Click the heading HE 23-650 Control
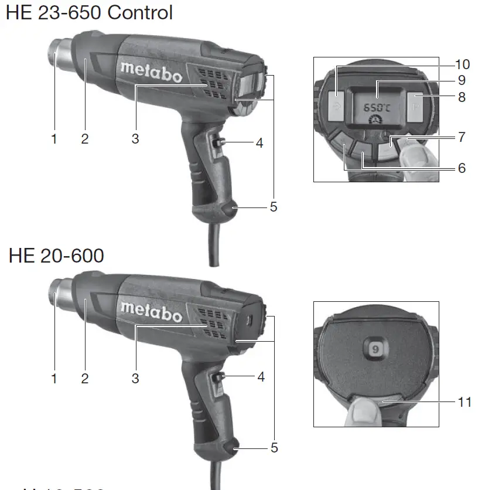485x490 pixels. coord(89,13)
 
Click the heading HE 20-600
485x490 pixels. coord(56,256)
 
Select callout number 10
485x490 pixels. coord(462,65)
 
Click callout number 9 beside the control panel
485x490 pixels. coord(462,79)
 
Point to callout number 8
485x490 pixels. coord(462,97)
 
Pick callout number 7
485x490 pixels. coord(462,137)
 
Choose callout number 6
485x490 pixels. coord(462,168)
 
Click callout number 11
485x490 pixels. coord(464,402)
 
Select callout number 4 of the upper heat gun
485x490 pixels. coord(259,142)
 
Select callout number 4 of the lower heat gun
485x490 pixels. coord(261,377)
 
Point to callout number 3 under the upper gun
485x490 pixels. coord(135,139)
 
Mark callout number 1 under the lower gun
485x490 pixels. coord(54,379)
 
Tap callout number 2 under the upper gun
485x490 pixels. coord(85,139)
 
